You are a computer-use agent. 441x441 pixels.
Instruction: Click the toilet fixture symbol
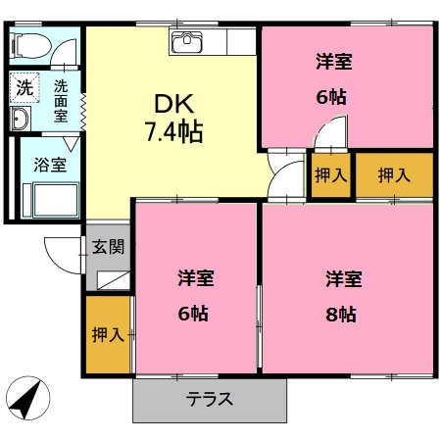30,45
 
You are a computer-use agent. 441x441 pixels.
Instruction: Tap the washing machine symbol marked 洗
24,87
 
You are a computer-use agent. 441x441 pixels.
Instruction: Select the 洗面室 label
61,100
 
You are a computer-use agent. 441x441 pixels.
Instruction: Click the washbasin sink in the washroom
21,119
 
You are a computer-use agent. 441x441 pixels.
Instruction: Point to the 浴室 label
51,165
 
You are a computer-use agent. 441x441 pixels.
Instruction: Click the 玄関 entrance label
108,247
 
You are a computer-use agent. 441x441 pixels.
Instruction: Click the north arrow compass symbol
25,396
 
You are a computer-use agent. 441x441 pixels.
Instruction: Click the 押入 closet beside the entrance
107,335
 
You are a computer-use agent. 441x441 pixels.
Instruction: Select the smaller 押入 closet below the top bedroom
331,175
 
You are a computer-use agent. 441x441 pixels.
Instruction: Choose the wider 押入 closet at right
394,175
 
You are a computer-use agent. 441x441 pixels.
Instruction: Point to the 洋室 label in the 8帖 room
344,278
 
